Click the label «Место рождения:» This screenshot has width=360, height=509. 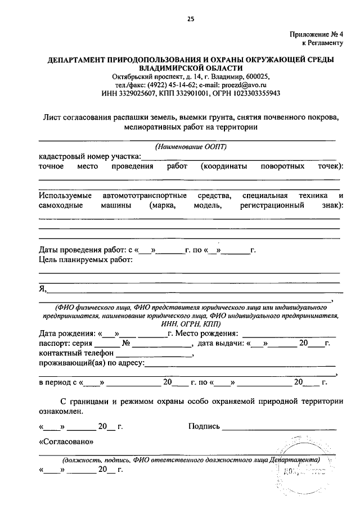[x=206, y=333]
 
